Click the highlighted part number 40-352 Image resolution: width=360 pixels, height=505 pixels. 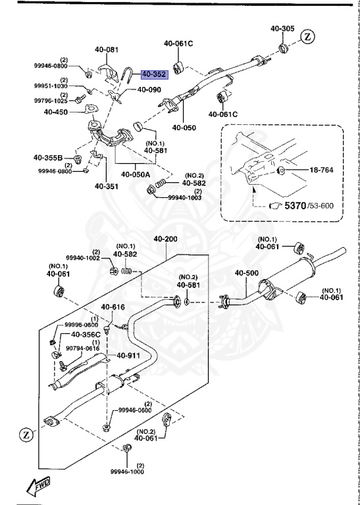(153, 74)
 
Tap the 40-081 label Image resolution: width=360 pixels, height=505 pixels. (106, 49)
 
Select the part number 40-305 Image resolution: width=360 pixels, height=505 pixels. (282, 28)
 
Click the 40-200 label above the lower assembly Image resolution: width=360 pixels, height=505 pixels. (166, 239)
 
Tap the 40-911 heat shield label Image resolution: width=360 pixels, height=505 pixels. (130, 356)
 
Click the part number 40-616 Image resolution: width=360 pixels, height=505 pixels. (113, 307)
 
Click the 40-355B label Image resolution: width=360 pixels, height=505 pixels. (48, 158)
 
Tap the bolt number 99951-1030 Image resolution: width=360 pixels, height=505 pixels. (51, 86)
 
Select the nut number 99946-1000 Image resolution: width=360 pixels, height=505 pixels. (126, 471)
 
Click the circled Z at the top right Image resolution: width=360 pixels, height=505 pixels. (309, 36)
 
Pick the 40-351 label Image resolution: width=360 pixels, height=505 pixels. (106, 185)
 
